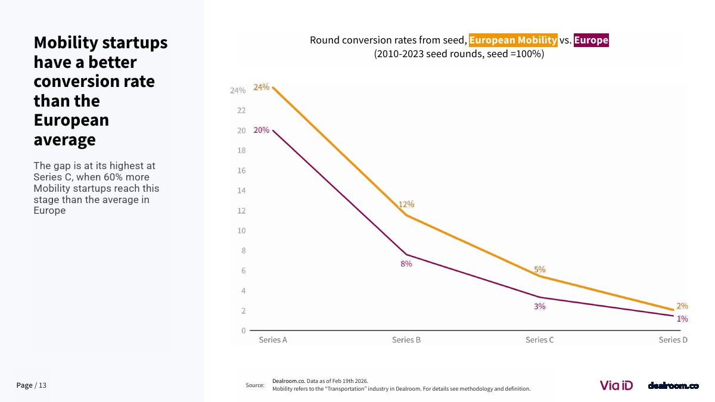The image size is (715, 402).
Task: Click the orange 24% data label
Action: tap(261, 87)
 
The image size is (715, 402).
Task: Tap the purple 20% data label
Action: tap(261, 130)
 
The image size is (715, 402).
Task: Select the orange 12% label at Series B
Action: tap(406, 204)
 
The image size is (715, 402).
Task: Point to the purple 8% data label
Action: tap(406, 264)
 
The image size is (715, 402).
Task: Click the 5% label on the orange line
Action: tap(540, 270)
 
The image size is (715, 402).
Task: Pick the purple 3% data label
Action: tap(540, 306)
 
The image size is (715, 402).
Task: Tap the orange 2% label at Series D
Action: tap(682, 306)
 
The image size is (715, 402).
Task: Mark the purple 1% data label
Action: tap(682, 319)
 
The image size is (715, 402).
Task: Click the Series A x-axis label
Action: tap(273, 340)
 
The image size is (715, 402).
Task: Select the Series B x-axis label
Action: tap(406, 340)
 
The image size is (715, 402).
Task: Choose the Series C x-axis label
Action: tap(540, 340)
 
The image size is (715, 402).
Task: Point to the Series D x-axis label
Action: tap(673, 340)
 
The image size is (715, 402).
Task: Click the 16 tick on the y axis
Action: tap(241, 170)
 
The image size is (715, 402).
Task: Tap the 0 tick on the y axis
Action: tap(243, 331)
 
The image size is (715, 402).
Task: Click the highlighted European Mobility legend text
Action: tap(513, 40)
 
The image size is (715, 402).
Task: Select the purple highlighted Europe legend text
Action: tap(591, 40)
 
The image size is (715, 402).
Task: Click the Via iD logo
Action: tap(616, 385)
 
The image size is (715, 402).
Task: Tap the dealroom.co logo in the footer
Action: tap(673, 386)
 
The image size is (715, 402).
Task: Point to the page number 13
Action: tap(42, 385)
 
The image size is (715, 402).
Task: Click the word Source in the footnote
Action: tap(255, 385)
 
